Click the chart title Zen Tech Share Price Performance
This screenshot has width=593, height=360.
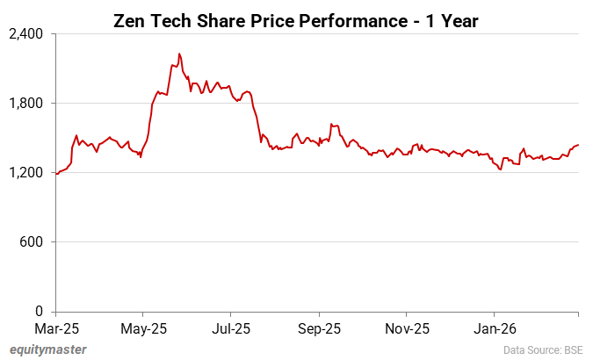pos(296,20)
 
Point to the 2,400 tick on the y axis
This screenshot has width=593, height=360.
pos(26,34)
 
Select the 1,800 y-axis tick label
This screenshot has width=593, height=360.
pos(26,104)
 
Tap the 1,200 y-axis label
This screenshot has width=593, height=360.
pos(26,173)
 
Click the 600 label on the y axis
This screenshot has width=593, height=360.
pos(32,242)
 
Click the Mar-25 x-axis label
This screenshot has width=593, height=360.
pos(55,329)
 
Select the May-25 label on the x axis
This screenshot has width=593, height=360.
pos(143,329)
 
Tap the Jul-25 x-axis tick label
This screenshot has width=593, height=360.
pos(231,329)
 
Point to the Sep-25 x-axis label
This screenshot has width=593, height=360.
pos(319,329)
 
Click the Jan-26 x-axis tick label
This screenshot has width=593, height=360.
pos(493,329)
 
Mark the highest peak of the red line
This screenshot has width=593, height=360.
pos(179,54)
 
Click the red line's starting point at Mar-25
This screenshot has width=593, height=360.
pos(56,174)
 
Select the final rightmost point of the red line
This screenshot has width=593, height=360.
pos(578,145)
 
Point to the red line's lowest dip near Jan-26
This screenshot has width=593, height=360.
pos(500,169)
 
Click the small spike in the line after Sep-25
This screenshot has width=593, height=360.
pos(331,125)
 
